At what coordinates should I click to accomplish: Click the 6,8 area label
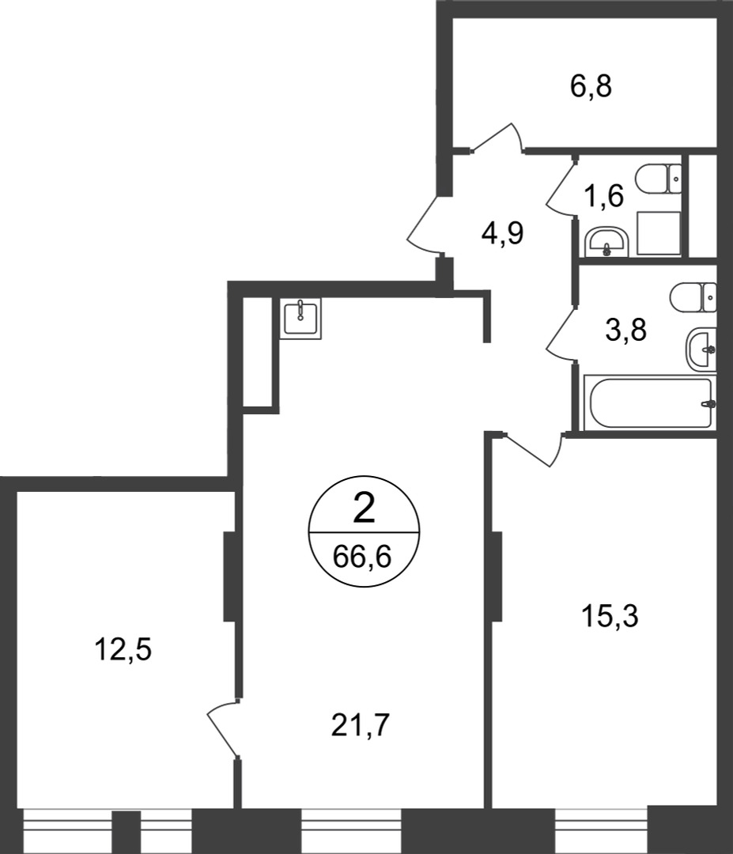(x=591, y=87)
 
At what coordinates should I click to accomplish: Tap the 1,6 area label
(x=603, y=196)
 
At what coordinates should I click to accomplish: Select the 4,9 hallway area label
(x=502, y=233)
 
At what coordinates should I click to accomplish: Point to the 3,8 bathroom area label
(x=626, y=330)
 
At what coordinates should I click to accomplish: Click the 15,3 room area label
(x=610, y=617)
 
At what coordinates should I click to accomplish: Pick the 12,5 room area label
(x=123, y=650)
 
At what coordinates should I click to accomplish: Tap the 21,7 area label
(x=361, y=725)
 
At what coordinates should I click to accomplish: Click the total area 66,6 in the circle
(x=363, y=557)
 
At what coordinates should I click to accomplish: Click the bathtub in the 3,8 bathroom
(x=650, y=403)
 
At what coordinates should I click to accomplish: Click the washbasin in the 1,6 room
(x=607, y=243)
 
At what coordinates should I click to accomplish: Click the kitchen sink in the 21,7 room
(x=300, y=318)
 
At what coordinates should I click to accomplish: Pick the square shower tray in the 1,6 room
(x=659, y=233)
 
